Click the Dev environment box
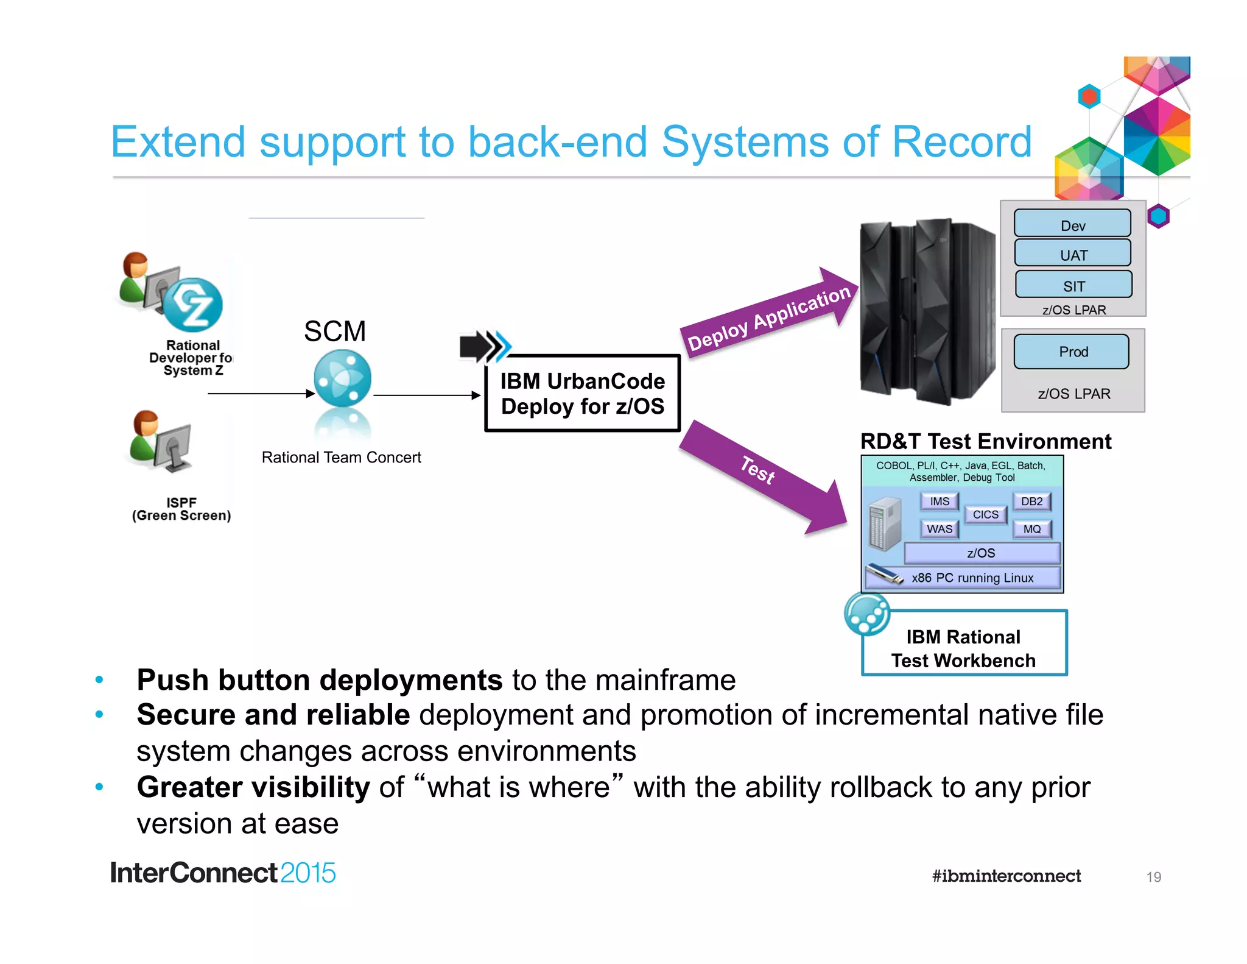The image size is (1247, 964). pyautogui.click(x=1072, y=224)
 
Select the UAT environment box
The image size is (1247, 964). pyautogui.click(x=1072, y=253)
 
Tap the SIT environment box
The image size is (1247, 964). pyautogui.click(x=1073, y=285)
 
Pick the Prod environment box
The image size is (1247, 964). pyautogui.click(x=1072, y=352)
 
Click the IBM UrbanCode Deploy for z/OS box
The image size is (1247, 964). pyautogui.click(x=582, y=394)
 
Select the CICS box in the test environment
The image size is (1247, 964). pyautogui.click(x=985, y=514)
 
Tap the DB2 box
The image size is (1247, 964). pyautogui.click(x=1031, y=501)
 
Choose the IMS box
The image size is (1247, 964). pyautogui.click(x=939, y=501)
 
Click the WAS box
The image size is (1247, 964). pyautogui.click(x=939, y=529)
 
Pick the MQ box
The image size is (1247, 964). pyautogui.click(x=1031, y=529)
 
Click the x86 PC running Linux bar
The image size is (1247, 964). pyautogui.click(x=972, y=578)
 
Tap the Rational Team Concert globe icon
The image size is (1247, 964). pyautogui.click(x=342, y=379)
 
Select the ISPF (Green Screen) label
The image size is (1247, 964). pyautogui.click(x=181, y=509)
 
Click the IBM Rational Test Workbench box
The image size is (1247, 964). pyautogui.click(x=964, y=647)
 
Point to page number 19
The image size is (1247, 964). pyautogui.click(x=1153, y=877)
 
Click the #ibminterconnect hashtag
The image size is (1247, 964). pyautogui.click(x=1006, y=876)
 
